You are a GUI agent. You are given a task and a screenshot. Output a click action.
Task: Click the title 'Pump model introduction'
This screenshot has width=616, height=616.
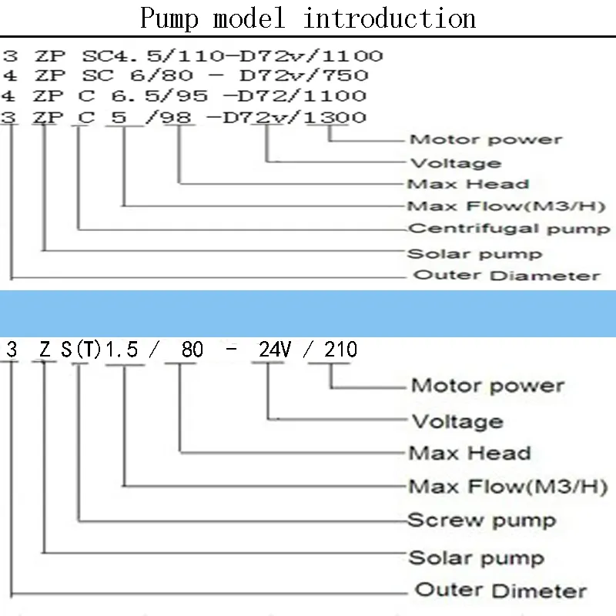[308, 18]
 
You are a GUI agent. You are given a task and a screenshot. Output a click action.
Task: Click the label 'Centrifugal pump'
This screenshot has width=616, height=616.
[508, 229]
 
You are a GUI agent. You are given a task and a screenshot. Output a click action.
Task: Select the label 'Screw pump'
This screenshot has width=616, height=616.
[480, 520]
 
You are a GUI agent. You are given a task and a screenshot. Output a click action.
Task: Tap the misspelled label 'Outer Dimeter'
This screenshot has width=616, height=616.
[500, 591]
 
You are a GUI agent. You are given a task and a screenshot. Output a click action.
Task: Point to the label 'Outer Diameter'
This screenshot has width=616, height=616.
[507, 275]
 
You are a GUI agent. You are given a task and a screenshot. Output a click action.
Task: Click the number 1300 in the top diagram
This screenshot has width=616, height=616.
[336, 117]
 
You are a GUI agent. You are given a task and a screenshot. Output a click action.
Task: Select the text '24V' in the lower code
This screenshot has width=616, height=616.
[274, 350]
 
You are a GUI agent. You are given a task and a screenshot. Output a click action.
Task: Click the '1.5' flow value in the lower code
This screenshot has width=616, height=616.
[122, 350]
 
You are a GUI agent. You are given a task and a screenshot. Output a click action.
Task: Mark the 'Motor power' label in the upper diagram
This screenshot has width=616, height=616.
[485, 139]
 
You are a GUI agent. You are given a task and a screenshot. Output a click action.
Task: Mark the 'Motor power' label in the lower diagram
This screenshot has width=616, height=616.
[487, 385]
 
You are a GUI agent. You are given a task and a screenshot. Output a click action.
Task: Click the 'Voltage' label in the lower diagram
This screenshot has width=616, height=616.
[457, 421]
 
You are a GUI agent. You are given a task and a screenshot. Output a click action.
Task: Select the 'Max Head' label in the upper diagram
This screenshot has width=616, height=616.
[467, 184]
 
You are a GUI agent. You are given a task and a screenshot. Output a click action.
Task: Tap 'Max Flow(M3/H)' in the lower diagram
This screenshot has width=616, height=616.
[507, 487]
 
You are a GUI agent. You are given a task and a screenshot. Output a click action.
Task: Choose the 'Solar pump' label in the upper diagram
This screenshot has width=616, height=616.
[474, 253]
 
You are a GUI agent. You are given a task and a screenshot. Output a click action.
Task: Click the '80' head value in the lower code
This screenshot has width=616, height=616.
[192, 350]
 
